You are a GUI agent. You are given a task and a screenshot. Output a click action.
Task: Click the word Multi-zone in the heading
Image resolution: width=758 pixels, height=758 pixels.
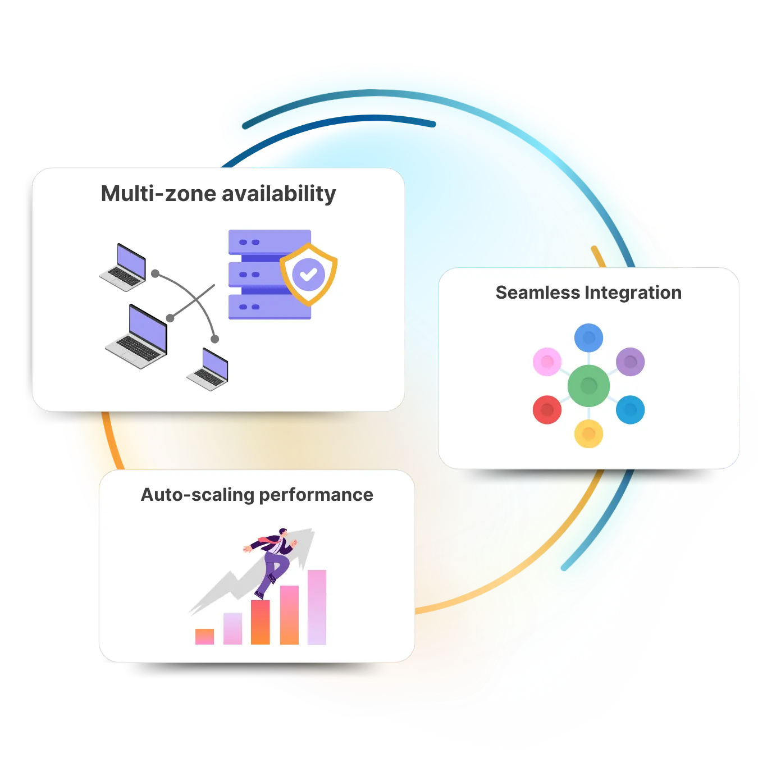[x=158, y=194]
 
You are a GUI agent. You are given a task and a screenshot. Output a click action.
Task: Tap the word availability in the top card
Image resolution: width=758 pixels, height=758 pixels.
[x=279, y=194]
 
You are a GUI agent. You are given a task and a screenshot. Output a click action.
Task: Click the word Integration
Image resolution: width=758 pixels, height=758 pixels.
[x=633, y=293]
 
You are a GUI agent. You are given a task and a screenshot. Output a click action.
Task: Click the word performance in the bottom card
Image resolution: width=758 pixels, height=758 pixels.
[x=316, y=495]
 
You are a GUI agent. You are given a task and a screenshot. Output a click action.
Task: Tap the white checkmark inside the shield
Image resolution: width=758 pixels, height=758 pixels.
[x=308, y=275]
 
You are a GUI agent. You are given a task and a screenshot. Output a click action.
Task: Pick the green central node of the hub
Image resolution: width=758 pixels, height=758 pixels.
[x=588, y=386]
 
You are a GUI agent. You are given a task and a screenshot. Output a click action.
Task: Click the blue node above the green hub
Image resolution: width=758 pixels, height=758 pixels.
[x=588, y=338]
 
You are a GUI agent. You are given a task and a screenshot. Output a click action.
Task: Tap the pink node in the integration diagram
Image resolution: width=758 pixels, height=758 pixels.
[x=547, y=362]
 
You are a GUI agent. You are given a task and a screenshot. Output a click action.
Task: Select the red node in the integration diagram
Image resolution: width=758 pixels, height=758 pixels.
[x=547, y=409]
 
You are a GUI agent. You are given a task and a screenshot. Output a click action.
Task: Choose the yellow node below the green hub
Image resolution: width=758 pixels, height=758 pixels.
[x=588, y=433]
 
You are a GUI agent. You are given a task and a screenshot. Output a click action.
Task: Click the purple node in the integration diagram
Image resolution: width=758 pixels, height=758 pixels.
[x=630, y=362]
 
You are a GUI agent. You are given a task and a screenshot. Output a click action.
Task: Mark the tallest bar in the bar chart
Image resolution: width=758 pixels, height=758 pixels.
[x=317, y=608]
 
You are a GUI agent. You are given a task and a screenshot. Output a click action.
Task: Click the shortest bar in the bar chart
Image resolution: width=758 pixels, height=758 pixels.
[x=204, y=636]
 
